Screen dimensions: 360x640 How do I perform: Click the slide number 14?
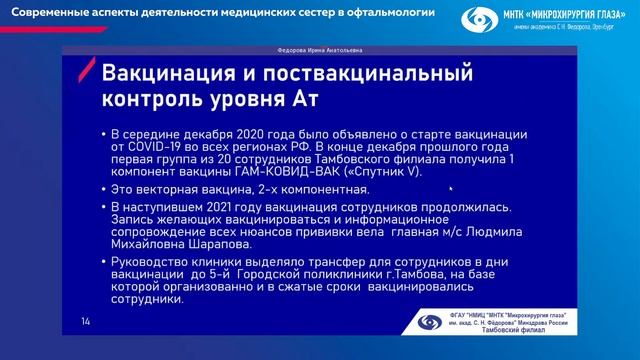coord(85,320)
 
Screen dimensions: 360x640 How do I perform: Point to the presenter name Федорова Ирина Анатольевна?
coord(319,49)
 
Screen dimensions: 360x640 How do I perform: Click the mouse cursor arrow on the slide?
coord(451,187)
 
